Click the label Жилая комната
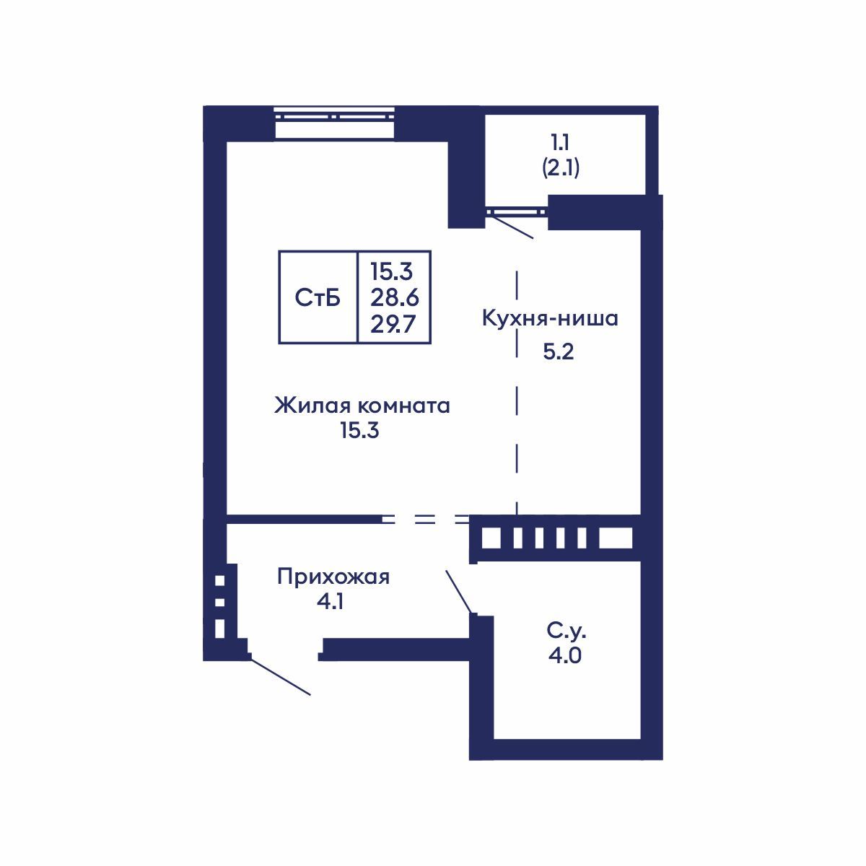(362, 406)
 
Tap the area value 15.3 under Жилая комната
(359, 432)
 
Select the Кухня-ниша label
(550, 318)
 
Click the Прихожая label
(333, 577)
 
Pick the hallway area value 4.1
(328, 601)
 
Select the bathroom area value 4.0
(566, 656)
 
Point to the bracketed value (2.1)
(561, 168)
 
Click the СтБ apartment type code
(318, 297)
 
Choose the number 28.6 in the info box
(395, 297)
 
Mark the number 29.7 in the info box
(395, 324)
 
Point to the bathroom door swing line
(460, 591)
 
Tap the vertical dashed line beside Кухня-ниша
(517, 390)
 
